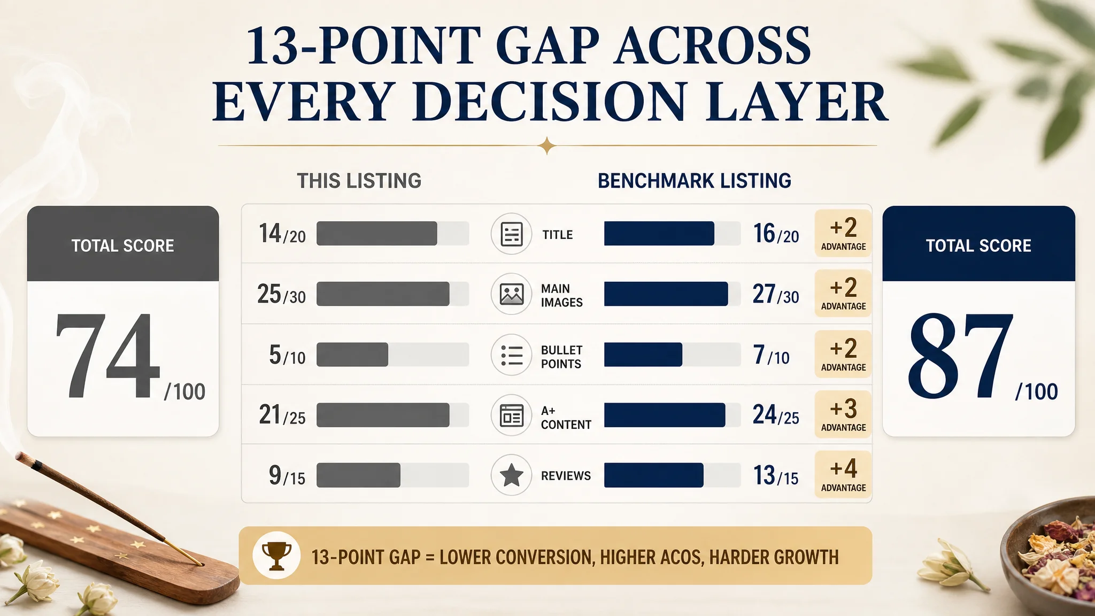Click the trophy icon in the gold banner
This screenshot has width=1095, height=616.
(x=276, y=556)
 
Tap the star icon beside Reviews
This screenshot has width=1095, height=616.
(x=512, y=475)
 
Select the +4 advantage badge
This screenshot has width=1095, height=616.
(x=843, y=474)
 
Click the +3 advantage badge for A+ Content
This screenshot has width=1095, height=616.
(x=843, y=414)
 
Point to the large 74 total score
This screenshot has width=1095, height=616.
(x=107, y=355)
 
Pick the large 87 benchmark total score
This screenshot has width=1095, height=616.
(x=960, y=355)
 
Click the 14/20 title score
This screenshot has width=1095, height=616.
(x=282, y=234)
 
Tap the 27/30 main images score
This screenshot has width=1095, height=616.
(x=776, y=294)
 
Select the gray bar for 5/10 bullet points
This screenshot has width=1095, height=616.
(x=352, y=355)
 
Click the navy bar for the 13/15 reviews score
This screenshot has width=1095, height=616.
(x=654, y=475)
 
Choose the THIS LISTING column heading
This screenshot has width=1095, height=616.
(x=359, y=181)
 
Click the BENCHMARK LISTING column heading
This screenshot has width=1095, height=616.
(x=695, y=181)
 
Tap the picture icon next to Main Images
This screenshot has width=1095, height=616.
(x=512, y=294)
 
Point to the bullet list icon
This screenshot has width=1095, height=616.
(x=512, y=355)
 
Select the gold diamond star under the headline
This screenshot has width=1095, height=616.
(x=547, y=145)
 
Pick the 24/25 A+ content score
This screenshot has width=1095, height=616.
(x=776, y=414)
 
